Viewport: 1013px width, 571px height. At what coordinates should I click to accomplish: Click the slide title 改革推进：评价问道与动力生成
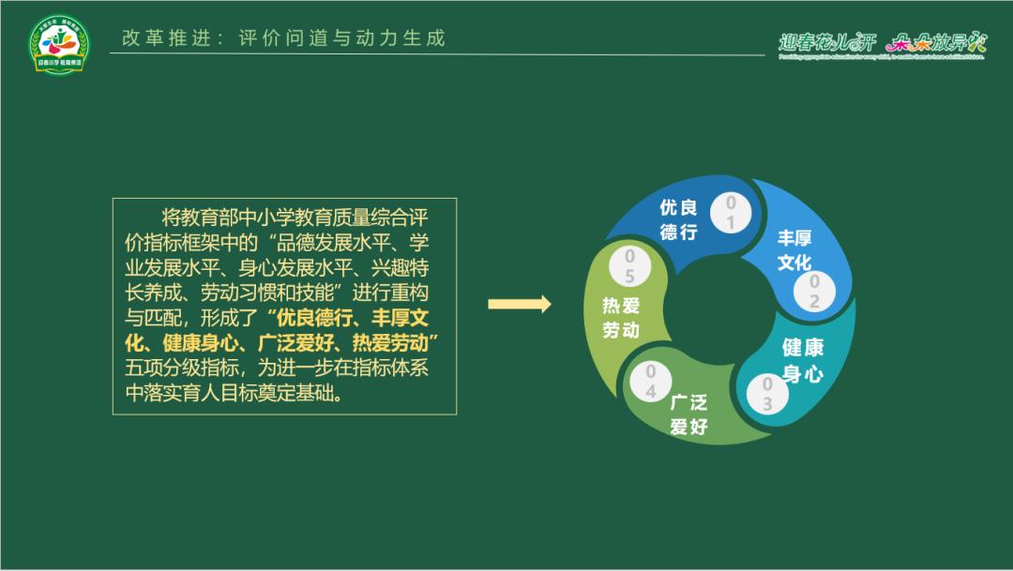283,38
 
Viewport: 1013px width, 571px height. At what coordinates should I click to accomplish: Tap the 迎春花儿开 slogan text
826,41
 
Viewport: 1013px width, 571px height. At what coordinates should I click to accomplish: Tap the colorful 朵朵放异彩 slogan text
936,41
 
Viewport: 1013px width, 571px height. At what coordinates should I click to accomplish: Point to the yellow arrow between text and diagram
519,304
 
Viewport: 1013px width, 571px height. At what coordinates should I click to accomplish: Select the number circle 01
731,213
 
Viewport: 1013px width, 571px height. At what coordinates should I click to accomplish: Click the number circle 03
767,394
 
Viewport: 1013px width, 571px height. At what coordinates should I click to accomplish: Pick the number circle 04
651,382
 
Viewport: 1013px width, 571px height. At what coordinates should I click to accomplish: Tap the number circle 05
629,265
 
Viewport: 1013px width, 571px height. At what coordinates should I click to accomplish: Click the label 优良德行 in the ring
678,219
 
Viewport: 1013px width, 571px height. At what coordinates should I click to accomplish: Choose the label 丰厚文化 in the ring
794,250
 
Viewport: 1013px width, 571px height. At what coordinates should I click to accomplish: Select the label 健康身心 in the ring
803,361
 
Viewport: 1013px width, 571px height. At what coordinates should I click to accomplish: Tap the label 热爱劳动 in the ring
620,318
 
